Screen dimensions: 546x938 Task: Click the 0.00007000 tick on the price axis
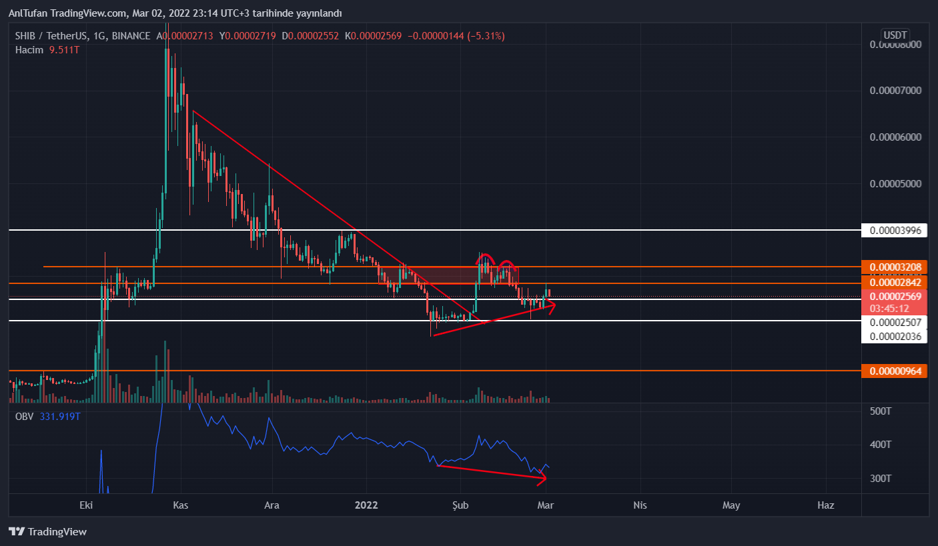[x=895, y=90]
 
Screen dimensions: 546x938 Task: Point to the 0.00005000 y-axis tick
[x=895, y=183]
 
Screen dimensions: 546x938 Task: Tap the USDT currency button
[x=895, y=35]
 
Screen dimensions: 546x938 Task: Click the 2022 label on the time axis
[x=367, y=505]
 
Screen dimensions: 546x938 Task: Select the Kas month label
[x=181, y=505]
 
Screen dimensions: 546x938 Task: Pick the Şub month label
[x=461, y=505]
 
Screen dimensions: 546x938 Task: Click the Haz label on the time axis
[x=826, y=505]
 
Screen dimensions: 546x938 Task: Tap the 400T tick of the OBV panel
[x=881, y=444]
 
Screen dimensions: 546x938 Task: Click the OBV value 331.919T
[x=60, y=417]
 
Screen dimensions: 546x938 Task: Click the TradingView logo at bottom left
[x=47, y=532]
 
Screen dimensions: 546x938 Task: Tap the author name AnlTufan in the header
[x=27, y=13]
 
